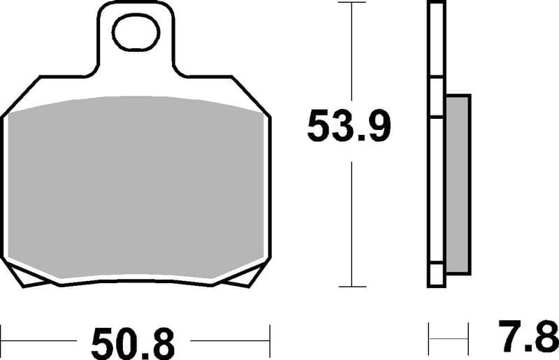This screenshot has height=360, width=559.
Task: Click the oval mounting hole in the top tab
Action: (x=136, y=34)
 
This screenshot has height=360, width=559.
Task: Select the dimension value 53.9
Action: (x=349, y=127)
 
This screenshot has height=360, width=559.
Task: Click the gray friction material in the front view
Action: (x=136, y=189)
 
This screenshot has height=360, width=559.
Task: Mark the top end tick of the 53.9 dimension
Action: (x=352, y=3)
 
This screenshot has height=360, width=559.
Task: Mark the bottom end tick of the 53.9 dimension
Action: (x=352, y=287)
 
